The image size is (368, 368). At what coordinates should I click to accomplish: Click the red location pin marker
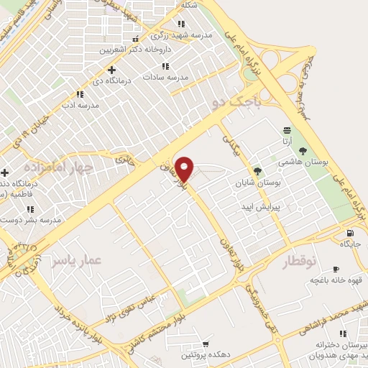pos(185,168)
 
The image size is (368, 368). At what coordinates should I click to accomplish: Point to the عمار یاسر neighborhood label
pos(73,260)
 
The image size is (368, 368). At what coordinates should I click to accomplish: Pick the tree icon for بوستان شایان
pos(257,171)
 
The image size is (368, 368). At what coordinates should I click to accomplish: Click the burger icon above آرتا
pos(287,130)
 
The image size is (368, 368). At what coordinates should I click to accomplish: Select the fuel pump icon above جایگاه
pos(350,232)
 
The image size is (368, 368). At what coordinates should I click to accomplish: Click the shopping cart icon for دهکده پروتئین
pos(206,344)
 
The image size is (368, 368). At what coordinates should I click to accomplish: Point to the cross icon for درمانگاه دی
pos(111,70)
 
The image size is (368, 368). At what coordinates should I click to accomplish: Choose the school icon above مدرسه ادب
pos(80,93)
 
